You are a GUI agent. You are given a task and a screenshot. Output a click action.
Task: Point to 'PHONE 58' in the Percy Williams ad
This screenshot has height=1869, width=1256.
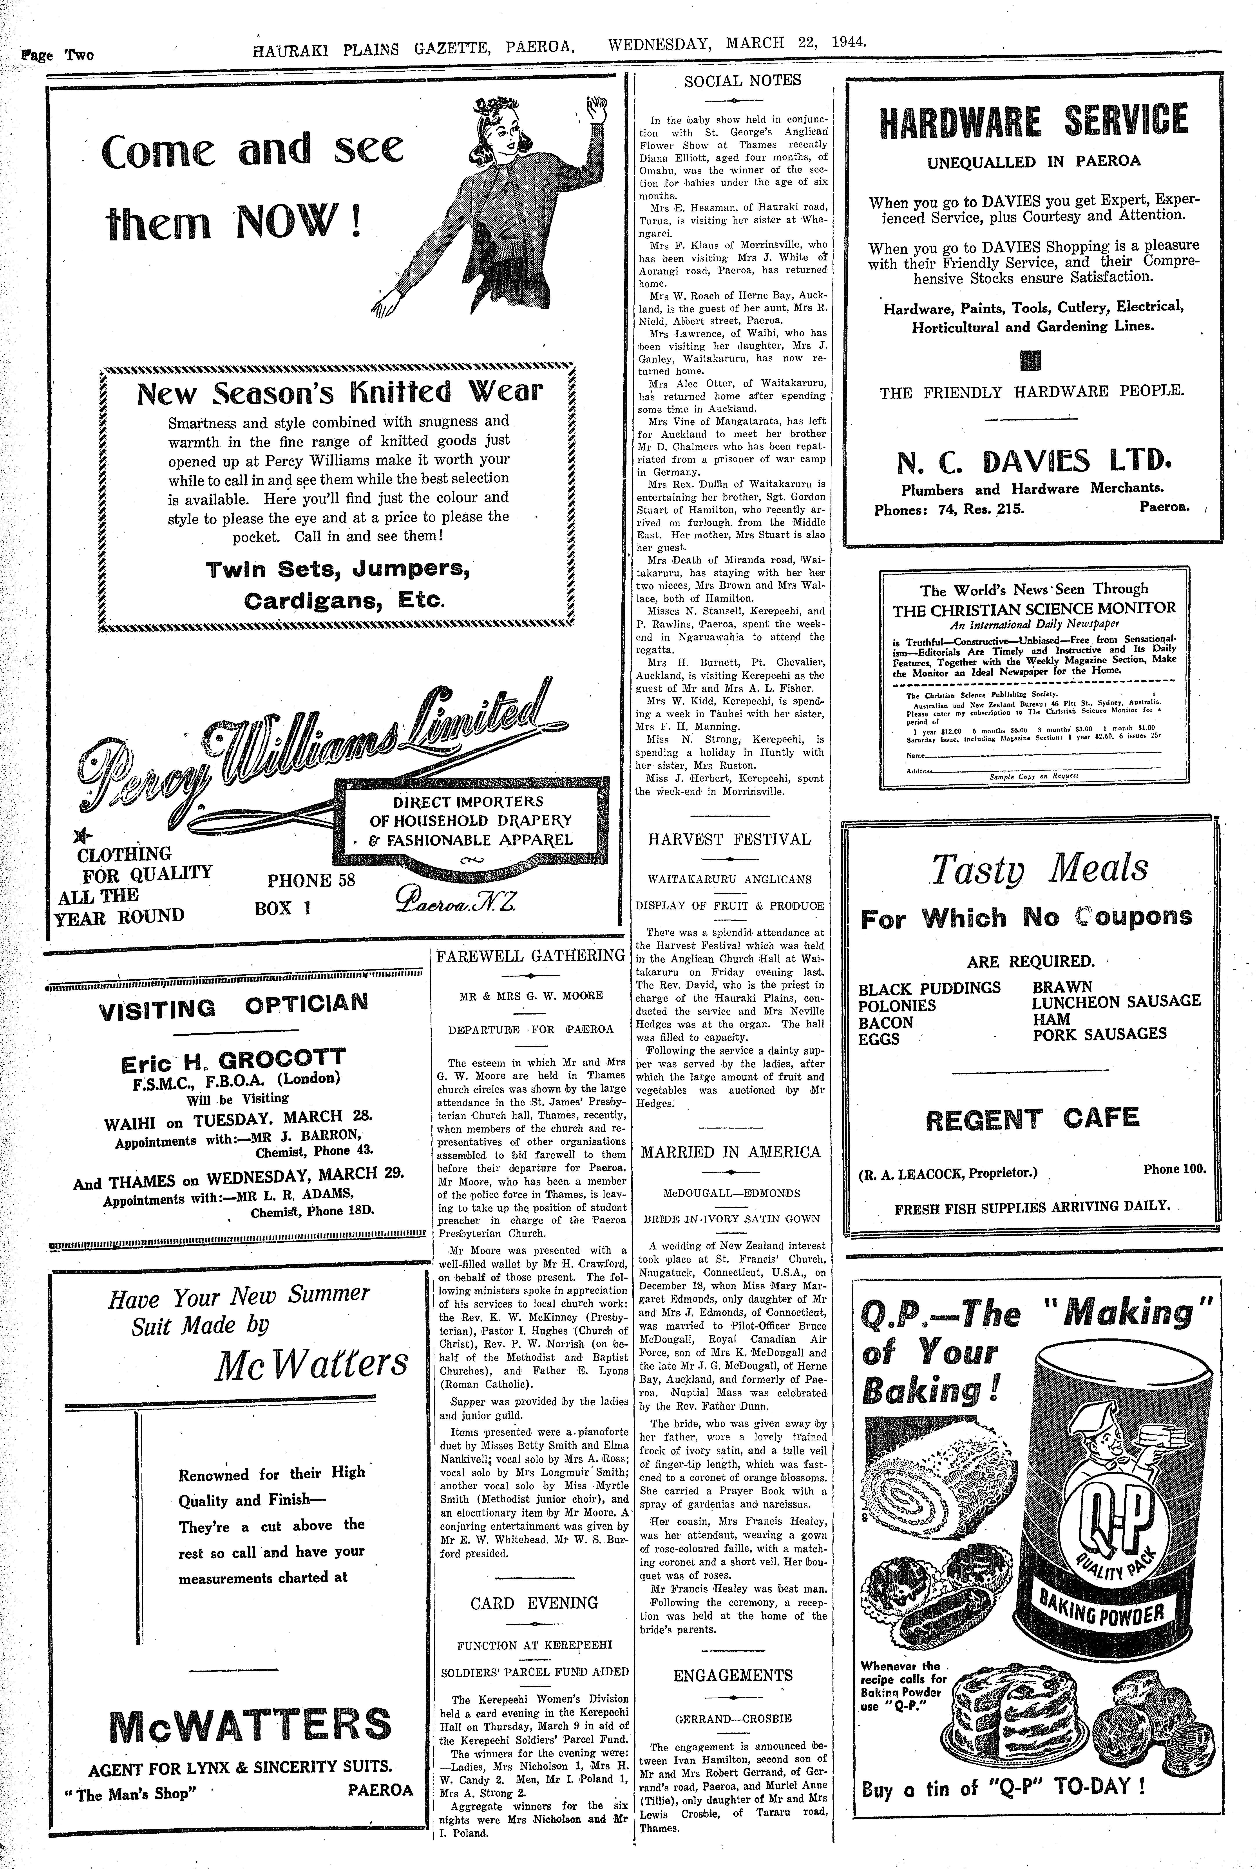click(311, 880)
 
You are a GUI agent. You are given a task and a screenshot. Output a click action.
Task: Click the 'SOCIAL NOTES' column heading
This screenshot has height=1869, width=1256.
click(742, 80)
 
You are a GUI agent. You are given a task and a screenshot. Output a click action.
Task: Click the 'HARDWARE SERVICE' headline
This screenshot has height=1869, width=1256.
click(1033, 120)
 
